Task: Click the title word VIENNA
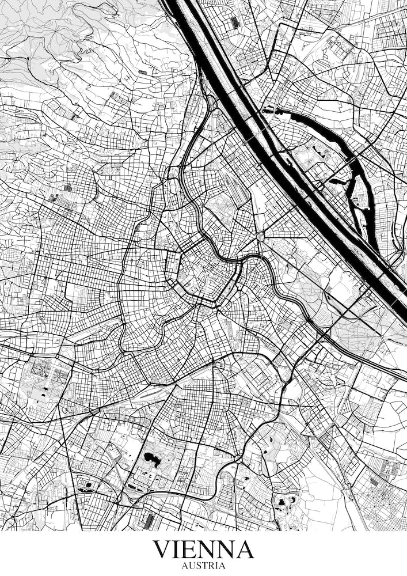coord(203,550)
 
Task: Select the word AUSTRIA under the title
coord(203,566)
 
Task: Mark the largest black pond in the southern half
coord(151,458)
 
